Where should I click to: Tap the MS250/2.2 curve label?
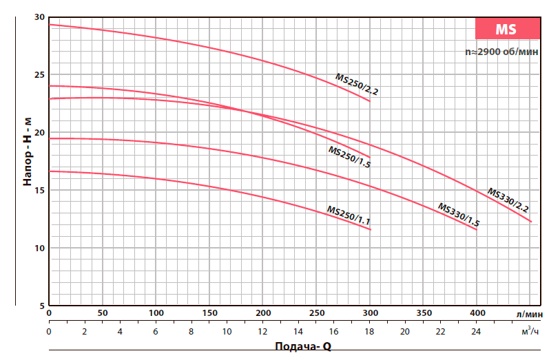coord(357,84)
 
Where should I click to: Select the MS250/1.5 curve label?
coord(349,157)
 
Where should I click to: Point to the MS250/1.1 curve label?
coord(349,215)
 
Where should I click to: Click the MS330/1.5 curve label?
coord(459,215)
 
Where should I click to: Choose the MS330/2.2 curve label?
coord(508,199)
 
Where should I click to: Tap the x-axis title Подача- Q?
coord(303,347)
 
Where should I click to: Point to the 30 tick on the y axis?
coord(39,17)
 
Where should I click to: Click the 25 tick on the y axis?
coord(39,74)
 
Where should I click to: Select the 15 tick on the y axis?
coord(39,190)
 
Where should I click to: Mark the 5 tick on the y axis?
coord(41,305)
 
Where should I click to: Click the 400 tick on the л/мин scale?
coord(477,313)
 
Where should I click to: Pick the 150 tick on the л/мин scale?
coord(209,313)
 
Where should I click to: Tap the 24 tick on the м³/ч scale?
coord(477,332)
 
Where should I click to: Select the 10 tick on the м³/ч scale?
coord(227,332)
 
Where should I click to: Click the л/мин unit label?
coord(528,313)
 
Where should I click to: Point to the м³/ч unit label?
coord(528,331)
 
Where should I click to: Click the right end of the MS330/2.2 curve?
coord(531,222)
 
